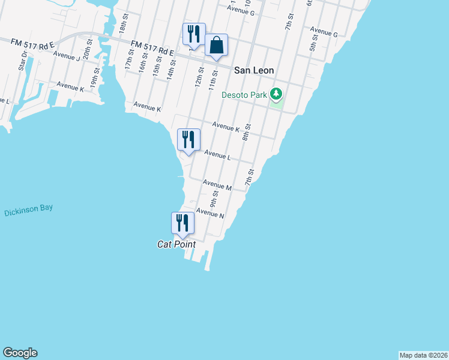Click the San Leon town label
254,70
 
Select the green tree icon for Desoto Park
276,94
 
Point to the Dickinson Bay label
28,211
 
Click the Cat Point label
176,244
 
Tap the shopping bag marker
216,45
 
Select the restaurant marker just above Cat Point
182,223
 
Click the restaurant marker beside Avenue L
188,139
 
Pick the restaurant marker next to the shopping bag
194,34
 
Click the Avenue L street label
217,155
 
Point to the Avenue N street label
209,213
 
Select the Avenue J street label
67,56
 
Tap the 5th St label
313,43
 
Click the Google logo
20,353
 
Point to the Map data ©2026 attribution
423,355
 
